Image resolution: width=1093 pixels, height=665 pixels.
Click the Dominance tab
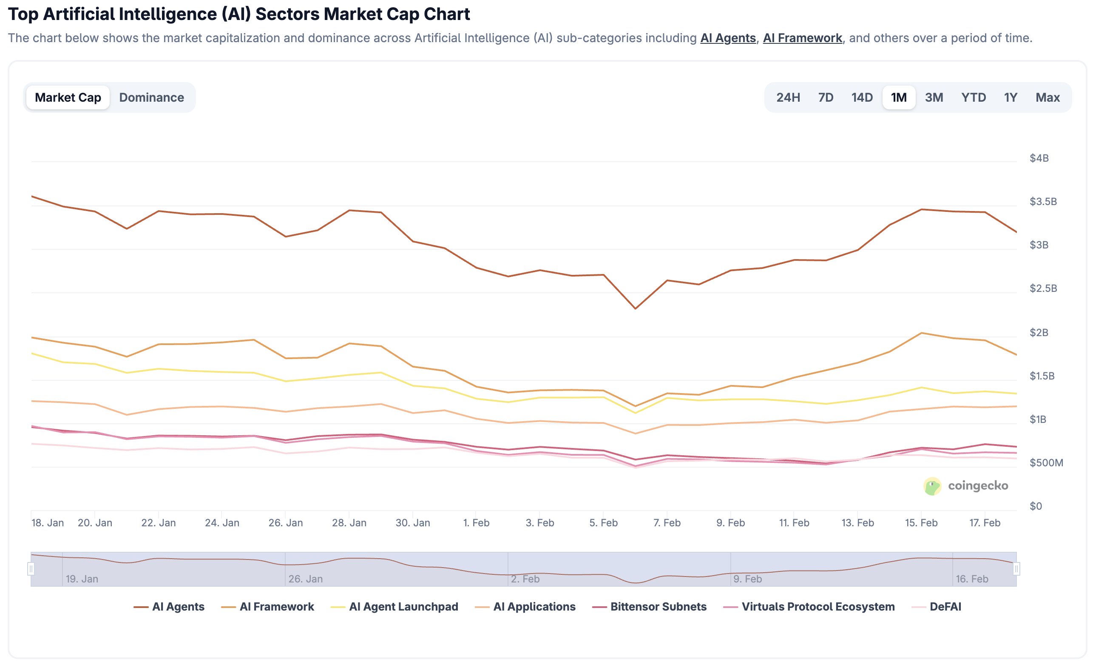click(x=151, y=97)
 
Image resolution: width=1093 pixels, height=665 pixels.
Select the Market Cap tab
click(x=68, y=97)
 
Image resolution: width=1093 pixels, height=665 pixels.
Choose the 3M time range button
click(x=933, y=97)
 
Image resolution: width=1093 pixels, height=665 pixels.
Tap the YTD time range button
click(x=973, y=97)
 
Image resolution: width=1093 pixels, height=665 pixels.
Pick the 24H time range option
click(x=788, y=97)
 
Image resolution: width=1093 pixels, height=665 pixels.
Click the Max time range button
click(x=1048, y=97)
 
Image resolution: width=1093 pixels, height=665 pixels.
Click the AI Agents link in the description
click(x=727, y=38)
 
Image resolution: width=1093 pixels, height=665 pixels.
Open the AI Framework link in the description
click(x=802, y=38)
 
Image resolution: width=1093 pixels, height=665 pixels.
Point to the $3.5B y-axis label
click(x=1043, y=202)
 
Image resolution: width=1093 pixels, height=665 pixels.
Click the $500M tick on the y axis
click(x=1046, y=462)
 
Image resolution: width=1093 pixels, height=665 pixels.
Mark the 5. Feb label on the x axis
click(x=603, y=523)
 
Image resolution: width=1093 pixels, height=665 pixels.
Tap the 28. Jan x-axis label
click(x=349, y=523)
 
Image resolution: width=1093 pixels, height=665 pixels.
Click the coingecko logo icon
click(x=932, y=486)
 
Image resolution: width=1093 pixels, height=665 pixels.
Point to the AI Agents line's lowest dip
click(x=635, y=308)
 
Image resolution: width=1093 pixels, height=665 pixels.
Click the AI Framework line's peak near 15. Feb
click(x=921, y=333)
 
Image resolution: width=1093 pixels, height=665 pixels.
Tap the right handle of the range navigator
click(x=1016, y=569)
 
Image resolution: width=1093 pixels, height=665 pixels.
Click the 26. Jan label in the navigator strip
click(x=306, y=579)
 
